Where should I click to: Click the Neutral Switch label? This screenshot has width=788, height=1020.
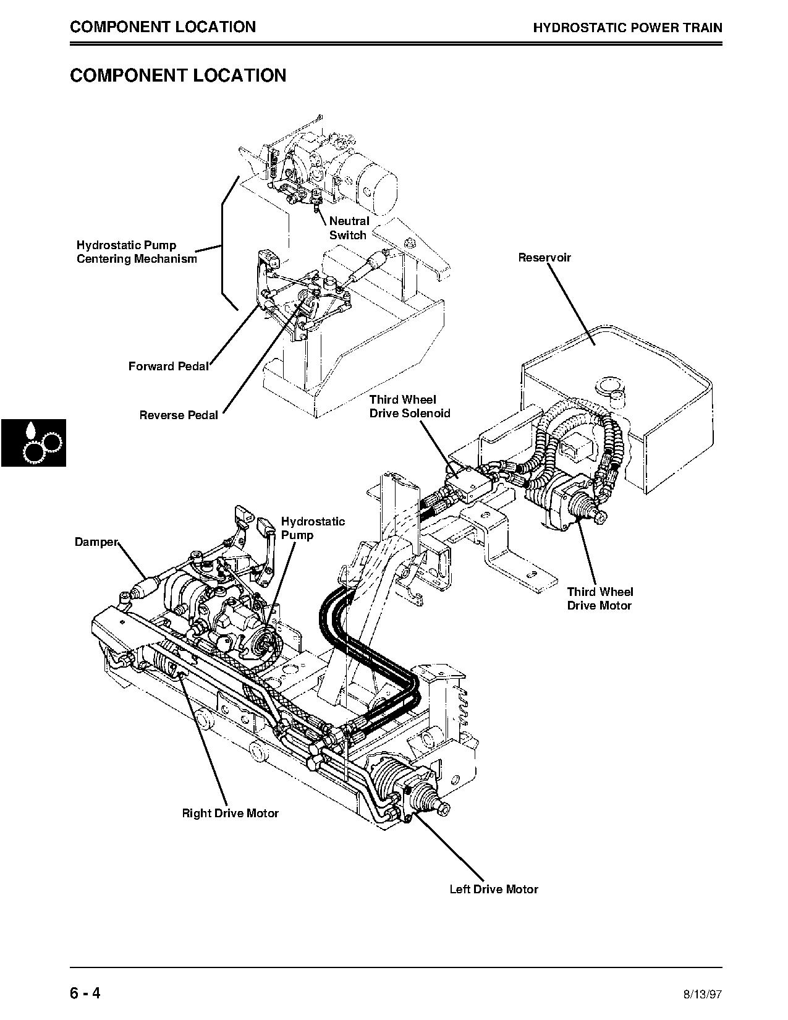tap(349, 228)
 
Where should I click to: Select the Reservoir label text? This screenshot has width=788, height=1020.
tap(544, 257)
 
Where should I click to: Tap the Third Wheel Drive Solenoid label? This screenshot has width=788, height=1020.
tap(410, 406)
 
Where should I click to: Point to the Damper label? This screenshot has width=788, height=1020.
tap(96, 542)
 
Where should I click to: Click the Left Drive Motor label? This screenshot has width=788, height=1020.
tap(493, 889)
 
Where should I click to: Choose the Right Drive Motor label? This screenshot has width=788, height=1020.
tap(230, 813)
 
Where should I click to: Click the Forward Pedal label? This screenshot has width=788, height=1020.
tap(168, 366)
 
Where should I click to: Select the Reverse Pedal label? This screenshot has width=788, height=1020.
tap(179, 415)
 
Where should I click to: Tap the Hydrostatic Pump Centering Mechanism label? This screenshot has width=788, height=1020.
tap(137, 252)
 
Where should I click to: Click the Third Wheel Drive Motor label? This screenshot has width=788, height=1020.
tap(599, 599)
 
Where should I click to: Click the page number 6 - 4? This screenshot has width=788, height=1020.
tap(85, 994)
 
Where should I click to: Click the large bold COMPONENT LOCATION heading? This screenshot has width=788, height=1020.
tap(178, 75)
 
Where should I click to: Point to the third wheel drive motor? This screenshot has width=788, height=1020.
tap(572, 501)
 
